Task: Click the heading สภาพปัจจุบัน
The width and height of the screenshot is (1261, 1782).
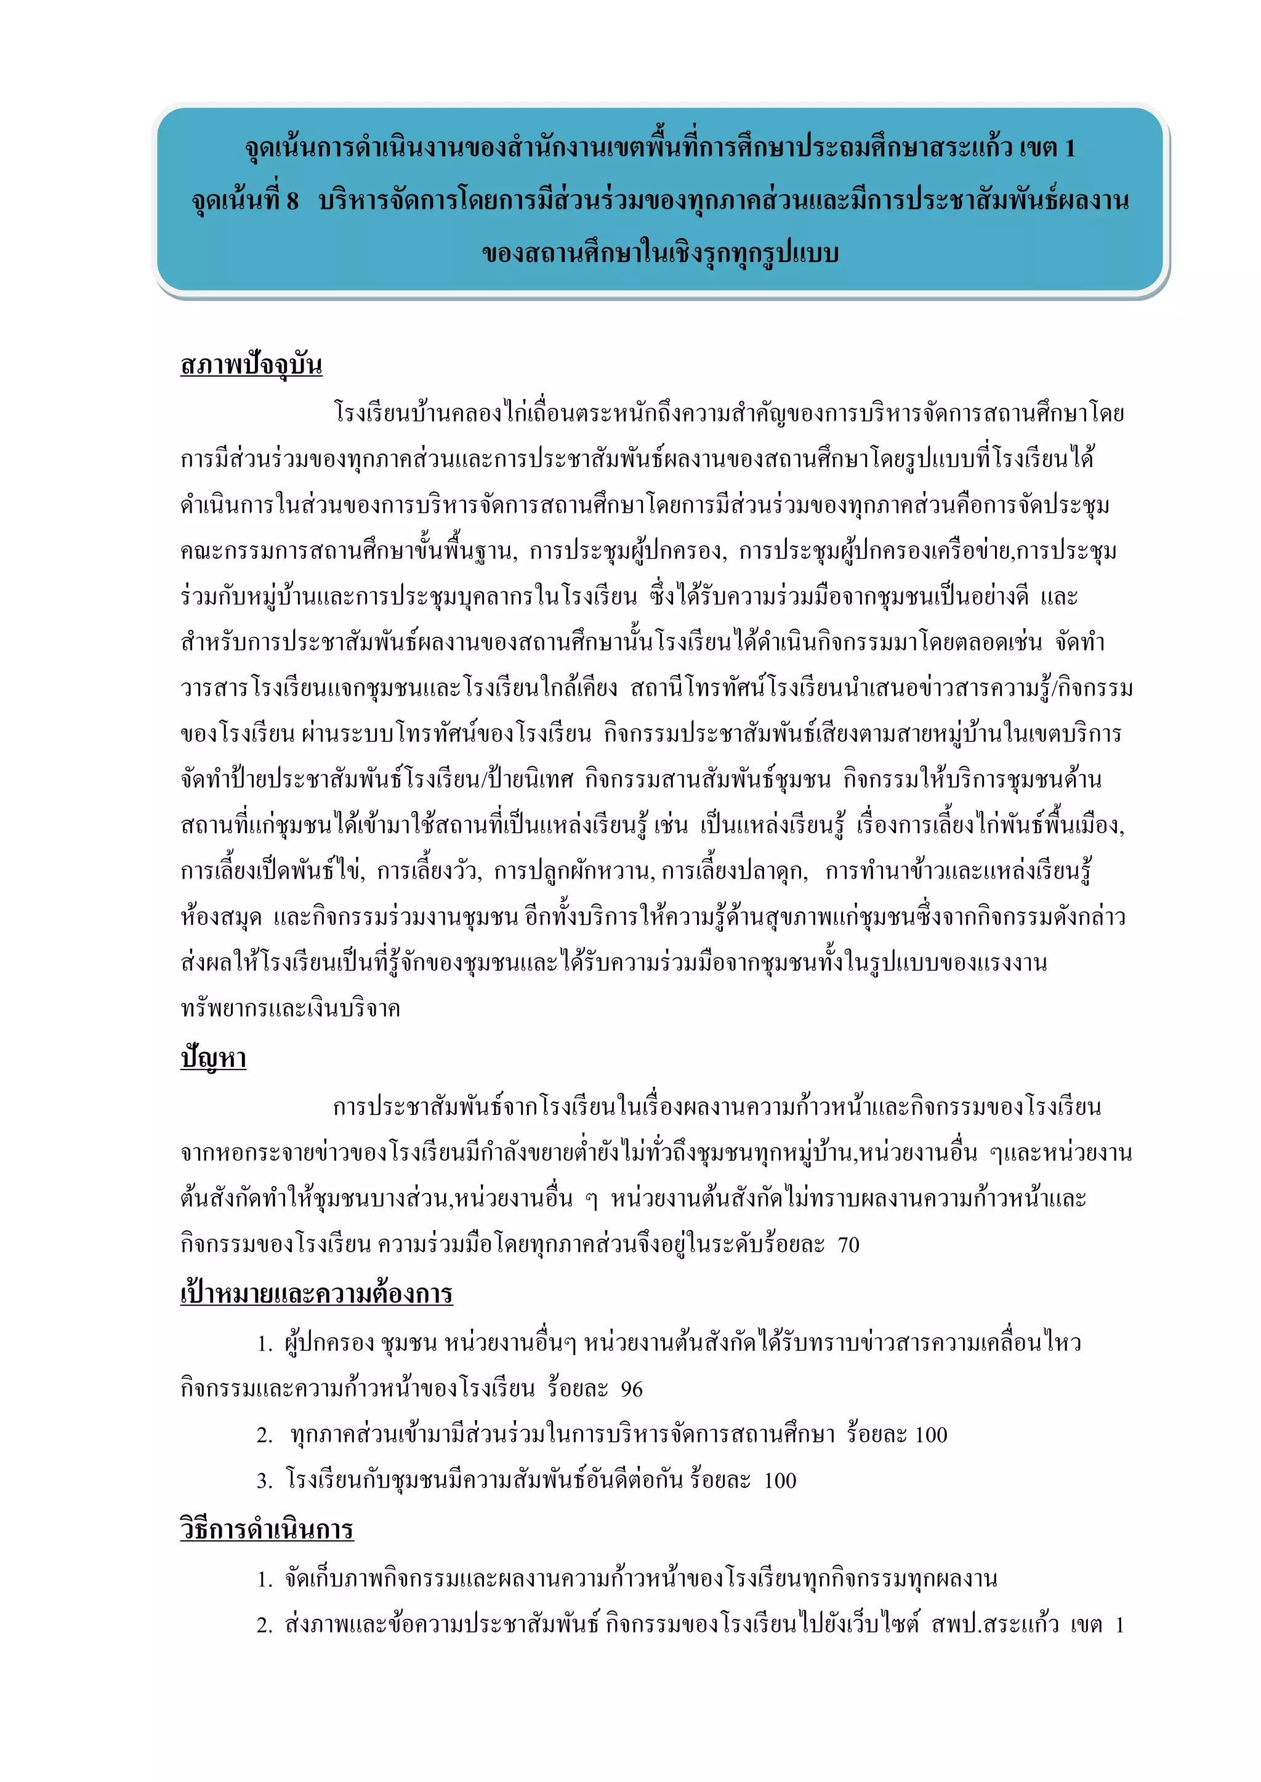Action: pyautogui.click(x=251, y=365)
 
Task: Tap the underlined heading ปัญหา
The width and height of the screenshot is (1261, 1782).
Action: pyautogui.click(x=213, y=1058)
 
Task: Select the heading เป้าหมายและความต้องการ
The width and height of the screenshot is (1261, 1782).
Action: pyautogui.click(x=316, y=1294)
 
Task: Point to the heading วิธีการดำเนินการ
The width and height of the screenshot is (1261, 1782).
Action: pyautogui.click(x=267, y=1530)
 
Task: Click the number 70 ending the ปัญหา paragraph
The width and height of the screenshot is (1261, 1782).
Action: pyautogui.click(x=848, y=1245)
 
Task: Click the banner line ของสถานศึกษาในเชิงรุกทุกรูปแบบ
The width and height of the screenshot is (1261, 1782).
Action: pyautogui.click(x=660, y=253)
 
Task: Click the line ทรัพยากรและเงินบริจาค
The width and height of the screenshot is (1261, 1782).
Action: pyautogui.click(x=291, y=1008)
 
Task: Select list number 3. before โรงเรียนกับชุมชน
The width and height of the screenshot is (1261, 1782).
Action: pyautogui.click(x=264, y=1481)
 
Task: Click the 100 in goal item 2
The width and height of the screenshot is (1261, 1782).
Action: pyautogui.click(x=931, y=1435)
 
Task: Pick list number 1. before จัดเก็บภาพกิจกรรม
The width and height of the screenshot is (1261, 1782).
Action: pyautogui.click(x=264, y=1579)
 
